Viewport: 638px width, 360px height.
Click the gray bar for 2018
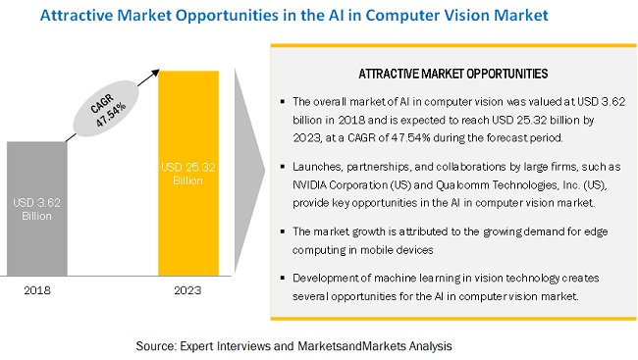click(x=37, y=209)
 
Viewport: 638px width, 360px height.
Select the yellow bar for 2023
click(x=188, y=174)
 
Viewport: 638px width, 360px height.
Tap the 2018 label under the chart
click(x=37, y=290)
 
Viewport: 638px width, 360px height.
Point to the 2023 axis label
click(x=187, y=290)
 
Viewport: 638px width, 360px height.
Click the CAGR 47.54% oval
click(x=106, y=108)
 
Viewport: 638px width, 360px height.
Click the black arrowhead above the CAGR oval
click(x=155, y=74)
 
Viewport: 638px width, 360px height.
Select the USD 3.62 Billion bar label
click(x=36, y=209)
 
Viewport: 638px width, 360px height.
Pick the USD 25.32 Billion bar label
click(x=188, y=174)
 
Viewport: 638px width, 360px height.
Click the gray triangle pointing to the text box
click(x=249, y=171)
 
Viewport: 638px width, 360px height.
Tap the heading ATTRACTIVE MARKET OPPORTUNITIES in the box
click(x=453, y=74)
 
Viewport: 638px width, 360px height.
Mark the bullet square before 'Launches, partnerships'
click(x=283, y=167)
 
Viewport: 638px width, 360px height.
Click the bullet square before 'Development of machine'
click(x=283, y=278)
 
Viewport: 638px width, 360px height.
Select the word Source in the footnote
click(x=156, y=346)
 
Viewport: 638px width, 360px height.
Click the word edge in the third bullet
click(x=596, y=232)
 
